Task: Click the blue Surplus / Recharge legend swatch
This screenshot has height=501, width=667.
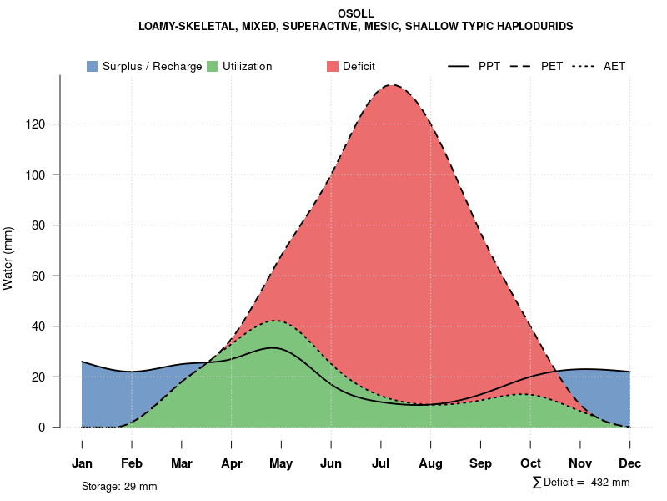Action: pyautogui.click(x=92, y=66)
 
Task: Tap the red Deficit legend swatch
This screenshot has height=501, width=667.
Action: pyautogui.click(x=332, y=66)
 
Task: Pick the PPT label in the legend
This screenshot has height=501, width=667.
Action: pyautogui.click(x=489, y=66)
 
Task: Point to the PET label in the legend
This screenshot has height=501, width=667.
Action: pyautogui.click(x=552, y=66)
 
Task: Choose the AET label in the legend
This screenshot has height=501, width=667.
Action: pyautogui.click(x=614, y=66)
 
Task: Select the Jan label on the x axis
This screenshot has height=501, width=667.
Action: pyautogui.click(x=82, y=463)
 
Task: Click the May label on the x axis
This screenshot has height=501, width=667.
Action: pyautogui.click(x=281, y=463)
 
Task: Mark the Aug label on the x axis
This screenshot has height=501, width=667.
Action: pyautogui.click(x=430, y=463)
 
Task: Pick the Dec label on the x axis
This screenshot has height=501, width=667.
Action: pyautogui.click(x=629, y=463)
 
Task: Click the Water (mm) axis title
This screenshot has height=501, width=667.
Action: pyautogui.click(x=8, y=259)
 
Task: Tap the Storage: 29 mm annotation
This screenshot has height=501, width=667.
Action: pyautogui.click(x=119, y=486)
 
